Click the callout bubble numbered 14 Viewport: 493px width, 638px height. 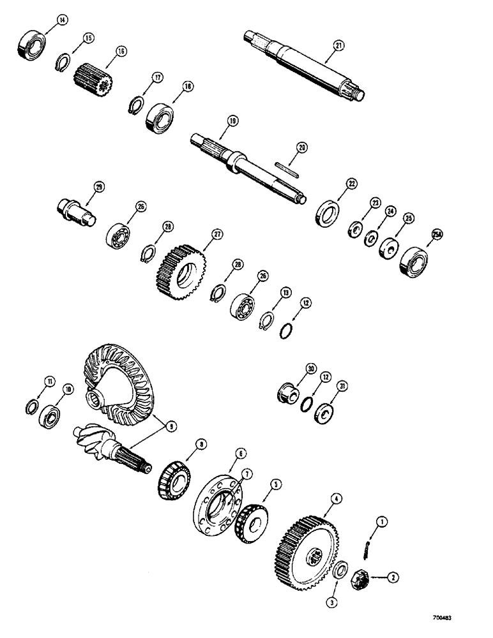coord(61,21)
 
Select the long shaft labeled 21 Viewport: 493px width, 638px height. coord(304,64)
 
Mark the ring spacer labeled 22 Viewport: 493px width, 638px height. coord(328,211)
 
